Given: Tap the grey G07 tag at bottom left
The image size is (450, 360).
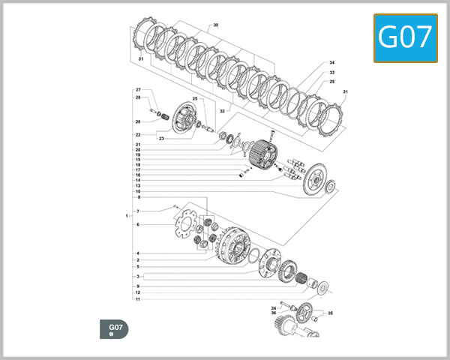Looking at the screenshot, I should pos(115,328).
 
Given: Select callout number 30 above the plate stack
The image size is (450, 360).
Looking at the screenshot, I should pos(215,25).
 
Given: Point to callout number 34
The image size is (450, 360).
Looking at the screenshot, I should pos(331,63).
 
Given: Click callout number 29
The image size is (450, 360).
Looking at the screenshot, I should pos(331,81).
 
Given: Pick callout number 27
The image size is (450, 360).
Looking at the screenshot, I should pos(138,90).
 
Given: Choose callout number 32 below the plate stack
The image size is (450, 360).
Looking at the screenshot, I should pos(222,110).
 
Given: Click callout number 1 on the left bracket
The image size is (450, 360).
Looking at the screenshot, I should pos(127,216).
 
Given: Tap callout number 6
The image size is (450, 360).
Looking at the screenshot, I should pos(138,225).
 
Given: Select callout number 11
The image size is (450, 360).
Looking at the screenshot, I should pos(138,299).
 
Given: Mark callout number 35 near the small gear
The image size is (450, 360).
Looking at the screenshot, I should pos(330,313).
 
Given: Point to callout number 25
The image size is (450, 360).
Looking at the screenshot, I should pos(194,99).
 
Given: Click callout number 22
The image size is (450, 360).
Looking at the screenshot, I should pos(138,135).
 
